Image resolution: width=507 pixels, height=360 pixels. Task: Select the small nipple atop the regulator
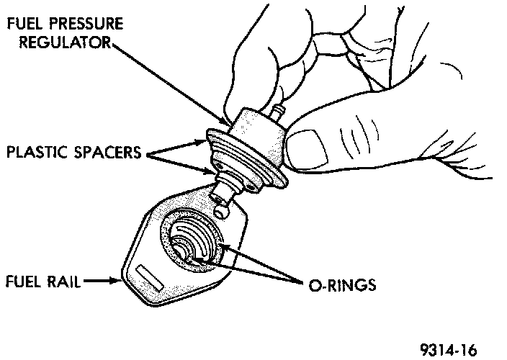point(279,110)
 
